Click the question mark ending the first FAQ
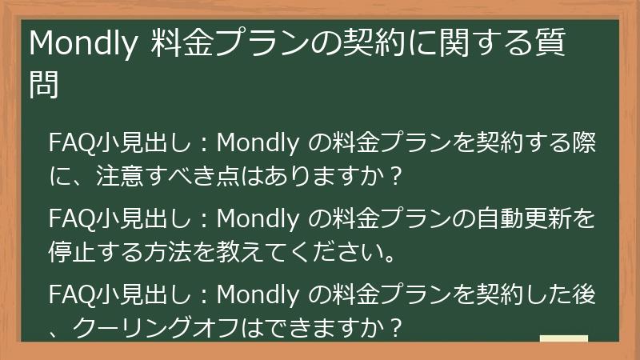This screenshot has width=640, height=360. tap(392, 174)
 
